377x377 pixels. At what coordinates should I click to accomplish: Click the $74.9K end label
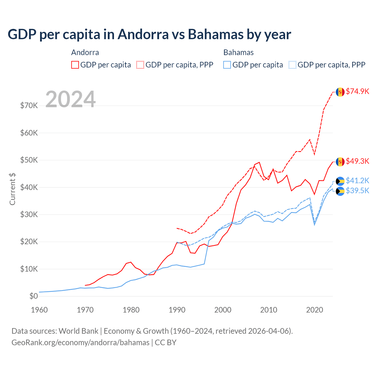pos(357,91)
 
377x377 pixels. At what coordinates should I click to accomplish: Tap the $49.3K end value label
pos(357,161)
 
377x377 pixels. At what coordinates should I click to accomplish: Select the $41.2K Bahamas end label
pos(357,180)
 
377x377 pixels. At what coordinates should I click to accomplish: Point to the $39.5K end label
pos(357,191)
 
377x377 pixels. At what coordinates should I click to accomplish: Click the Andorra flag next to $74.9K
pos(340,92)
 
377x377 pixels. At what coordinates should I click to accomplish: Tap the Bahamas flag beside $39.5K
pos(340,191)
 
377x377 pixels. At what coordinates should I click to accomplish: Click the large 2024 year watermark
pos(70,99)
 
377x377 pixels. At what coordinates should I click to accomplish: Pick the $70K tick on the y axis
pos(29,105)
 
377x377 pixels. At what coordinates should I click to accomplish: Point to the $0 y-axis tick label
pos(34,296)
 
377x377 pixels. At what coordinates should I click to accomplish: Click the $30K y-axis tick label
pos(29,214)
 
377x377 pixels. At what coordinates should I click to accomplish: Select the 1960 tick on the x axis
pos(39,310)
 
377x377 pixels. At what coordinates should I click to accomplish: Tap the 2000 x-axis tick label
pos(223,310)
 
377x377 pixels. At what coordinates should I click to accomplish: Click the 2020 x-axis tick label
pos(315,310)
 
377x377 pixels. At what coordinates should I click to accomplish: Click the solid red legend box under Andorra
pos(75,65)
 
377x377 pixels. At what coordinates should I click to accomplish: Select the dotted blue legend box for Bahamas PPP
pos(292,65)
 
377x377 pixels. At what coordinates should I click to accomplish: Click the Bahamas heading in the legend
pos(238,52)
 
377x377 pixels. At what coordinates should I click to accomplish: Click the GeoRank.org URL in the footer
pos(80,343)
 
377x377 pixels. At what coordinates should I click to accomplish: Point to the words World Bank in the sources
pos(78,331)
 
